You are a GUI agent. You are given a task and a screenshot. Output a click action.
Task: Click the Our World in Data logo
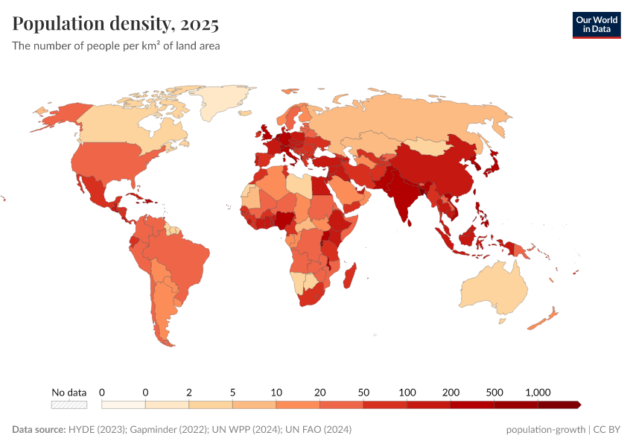coord(596,24)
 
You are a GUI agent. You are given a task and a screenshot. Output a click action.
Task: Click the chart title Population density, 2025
coord(115,24)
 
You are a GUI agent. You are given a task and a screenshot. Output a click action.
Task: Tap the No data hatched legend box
coord(69,405)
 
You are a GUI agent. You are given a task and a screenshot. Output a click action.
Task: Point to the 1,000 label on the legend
coord(537,392)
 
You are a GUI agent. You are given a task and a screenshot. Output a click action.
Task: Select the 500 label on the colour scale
coord(494,392)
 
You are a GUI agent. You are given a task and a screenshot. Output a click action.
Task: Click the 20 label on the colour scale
coord(319,392)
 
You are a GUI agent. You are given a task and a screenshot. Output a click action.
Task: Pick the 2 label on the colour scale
coord(189,392)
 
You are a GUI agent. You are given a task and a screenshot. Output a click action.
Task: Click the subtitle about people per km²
coord(115,45)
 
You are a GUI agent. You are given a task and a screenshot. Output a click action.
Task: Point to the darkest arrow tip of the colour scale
coord(578,405)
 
